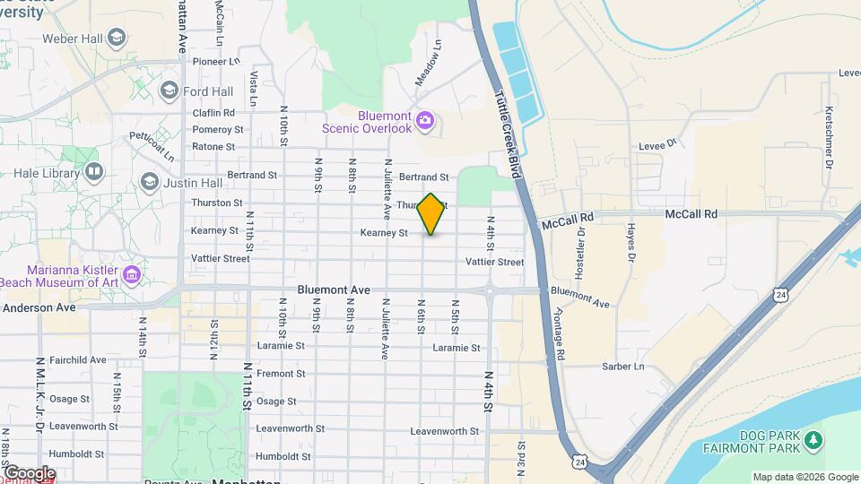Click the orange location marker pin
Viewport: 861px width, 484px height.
tap(430, 214)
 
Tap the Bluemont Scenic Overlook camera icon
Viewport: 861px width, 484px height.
tap(425, 120)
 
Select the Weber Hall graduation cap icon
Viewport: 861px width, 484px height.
tap(116, 38)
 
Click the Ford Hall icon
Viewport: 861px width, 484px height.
tap(169, 91)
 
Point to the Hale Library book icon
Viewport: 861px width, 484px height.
tap(94, 170)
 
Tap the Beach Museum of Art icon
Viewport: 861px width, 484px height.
tap(134, 273)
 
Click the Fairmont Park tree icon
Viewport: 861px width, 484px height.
tap(813, 439)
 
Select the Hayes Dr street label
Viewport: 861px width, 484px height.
tap(631, 243)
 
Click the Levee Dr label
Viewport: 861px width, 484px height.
tap(657, 143)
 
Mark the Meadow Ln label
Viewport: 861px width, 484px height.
tap(428, 63)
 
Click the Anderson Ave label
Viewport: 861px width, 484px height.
tap(39, 307)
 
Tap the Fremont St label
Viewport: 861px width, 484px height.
tap(281, 374)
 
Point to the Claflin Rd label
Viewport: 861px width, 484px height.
tap(213, 113)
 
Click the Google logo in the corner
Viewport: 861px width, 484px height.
tap(29, 473)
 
